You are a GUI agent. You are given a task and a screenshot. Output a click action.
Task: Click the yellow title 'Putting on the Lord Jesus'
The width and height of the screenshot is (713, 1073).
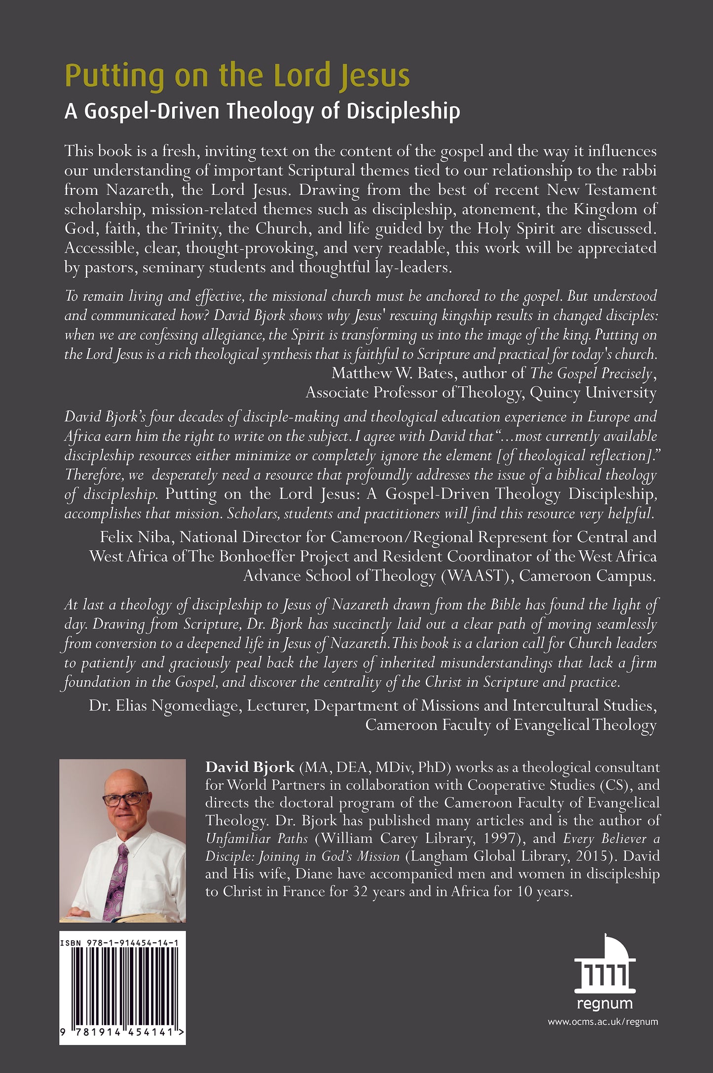tap(237, 76)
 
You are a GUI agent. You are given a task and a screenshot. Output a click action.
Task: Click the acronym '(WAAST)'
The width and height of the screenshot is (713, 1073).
tap(475, 576)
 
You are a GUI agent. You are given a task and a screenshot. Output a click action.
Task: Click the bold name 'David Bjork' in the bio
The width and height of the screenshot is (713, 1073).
tap(250, 767)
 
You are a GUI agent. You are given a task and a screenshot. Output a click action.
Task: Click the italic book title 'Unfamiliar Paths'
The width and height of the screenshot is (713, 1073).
tap(257, 838)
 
